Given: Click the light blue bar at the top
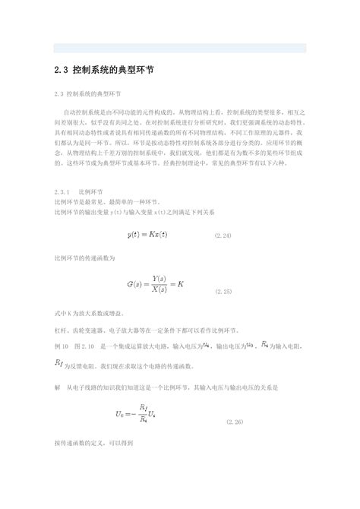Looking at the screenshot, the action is point(180,48).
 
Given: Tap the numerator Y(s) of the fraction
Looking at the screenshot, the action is point(160,279).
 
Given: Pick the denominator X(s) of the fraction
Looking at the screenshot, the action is point(160,291).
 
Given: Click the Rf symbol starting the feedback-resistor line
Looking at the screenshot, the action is point(61,364).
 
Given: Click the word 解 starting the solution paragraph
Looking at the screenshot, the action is point(57,387).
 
